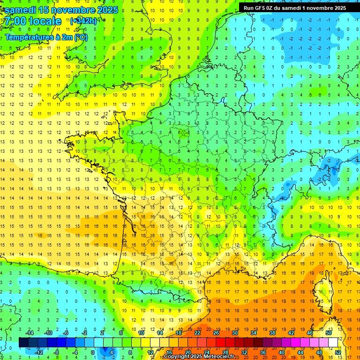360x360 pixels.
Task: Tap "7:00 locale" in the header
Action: tap(33, 21)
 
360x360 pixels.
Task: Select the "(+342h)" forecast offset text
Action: tap(83, 21)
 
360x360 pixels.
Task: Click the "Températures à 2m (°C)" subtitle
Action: tap(46, 37)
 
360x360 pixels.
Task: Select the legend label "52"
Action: tap(337, 352)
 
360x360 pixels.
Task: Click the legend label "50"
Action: tap(328, 333)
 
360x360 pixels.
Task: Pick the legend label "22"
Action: tap(197, 333)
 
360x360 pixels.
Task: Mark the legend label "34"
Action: tap(254, 333)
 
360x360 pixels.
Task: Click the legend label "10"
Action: tap(141, 333)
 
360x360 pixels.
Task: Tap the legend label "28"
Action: tap(225, 352)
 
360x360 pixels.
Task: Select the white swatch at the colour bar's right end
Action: tap(333, 342)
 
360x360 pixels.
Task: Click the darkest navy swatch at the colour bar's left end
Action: tap(23, 342)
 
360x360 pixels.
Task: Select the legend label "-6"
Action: tap(66, 333)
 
